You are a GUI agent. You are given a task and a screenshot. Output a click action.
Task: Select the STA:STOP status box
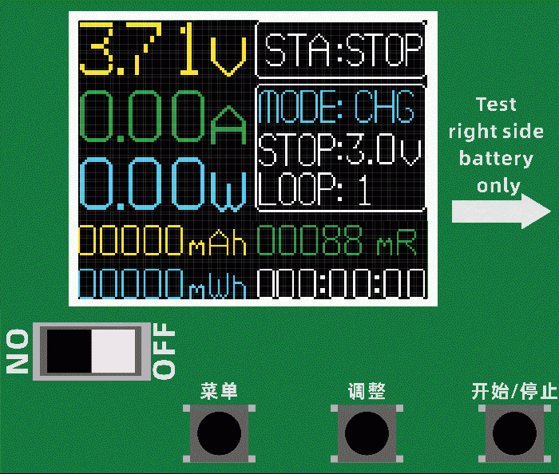pyautogui.click(x=342, y=49)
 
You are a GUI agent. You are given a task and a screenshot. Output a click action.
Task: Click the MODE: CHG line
pyautogui.click(x=337, y=106)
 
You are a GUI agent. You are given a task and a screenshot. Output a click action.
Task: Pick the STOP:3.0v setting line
pyautogui.click(x=339, y=148)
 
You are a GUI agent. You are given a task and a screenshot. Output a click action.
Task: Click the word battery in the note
pyautogui.click(x=496, y=158)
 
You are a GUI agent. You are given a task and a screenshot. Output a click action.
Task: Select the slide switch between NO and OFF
pyautogui.click(x=91, y=351)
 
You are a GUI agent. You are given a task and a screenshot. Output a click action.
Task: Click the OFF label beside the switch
pyautogui.click(x=164, y=352)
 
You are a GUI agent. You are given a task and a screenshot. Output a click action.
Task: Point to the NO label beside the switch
pyautogui.click(x=18, y=352)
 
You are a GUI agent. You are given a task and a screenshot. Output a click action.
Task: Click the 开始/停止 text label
pyautogui.click(x=513, y=391)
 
